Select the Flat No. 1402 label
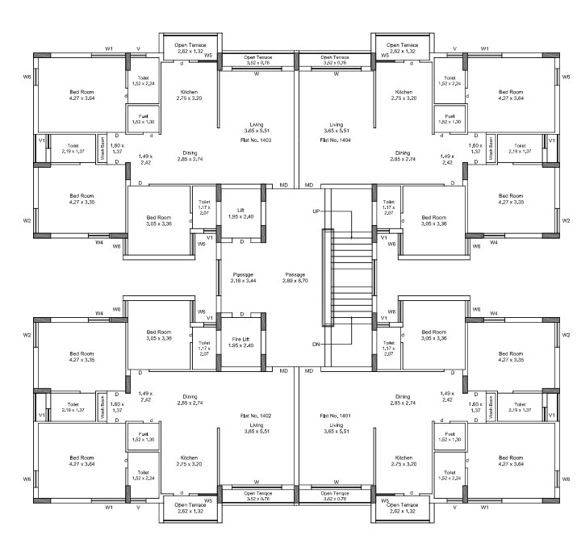click(x=255, y=415)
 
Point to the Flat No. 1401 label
click(x=337, y=415)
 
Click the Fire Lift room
click(x=243, y=342)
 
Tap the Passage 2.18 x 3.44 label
click(x=243, y=277)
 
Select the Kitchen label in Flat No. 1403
click(x=189, y=95)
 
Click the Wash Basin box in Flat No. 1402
click(x=103, y=407)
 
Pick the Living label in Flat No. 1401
click(x=337, y=428)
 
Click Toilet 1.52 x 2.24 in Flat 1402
click(x=142, y=475)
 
